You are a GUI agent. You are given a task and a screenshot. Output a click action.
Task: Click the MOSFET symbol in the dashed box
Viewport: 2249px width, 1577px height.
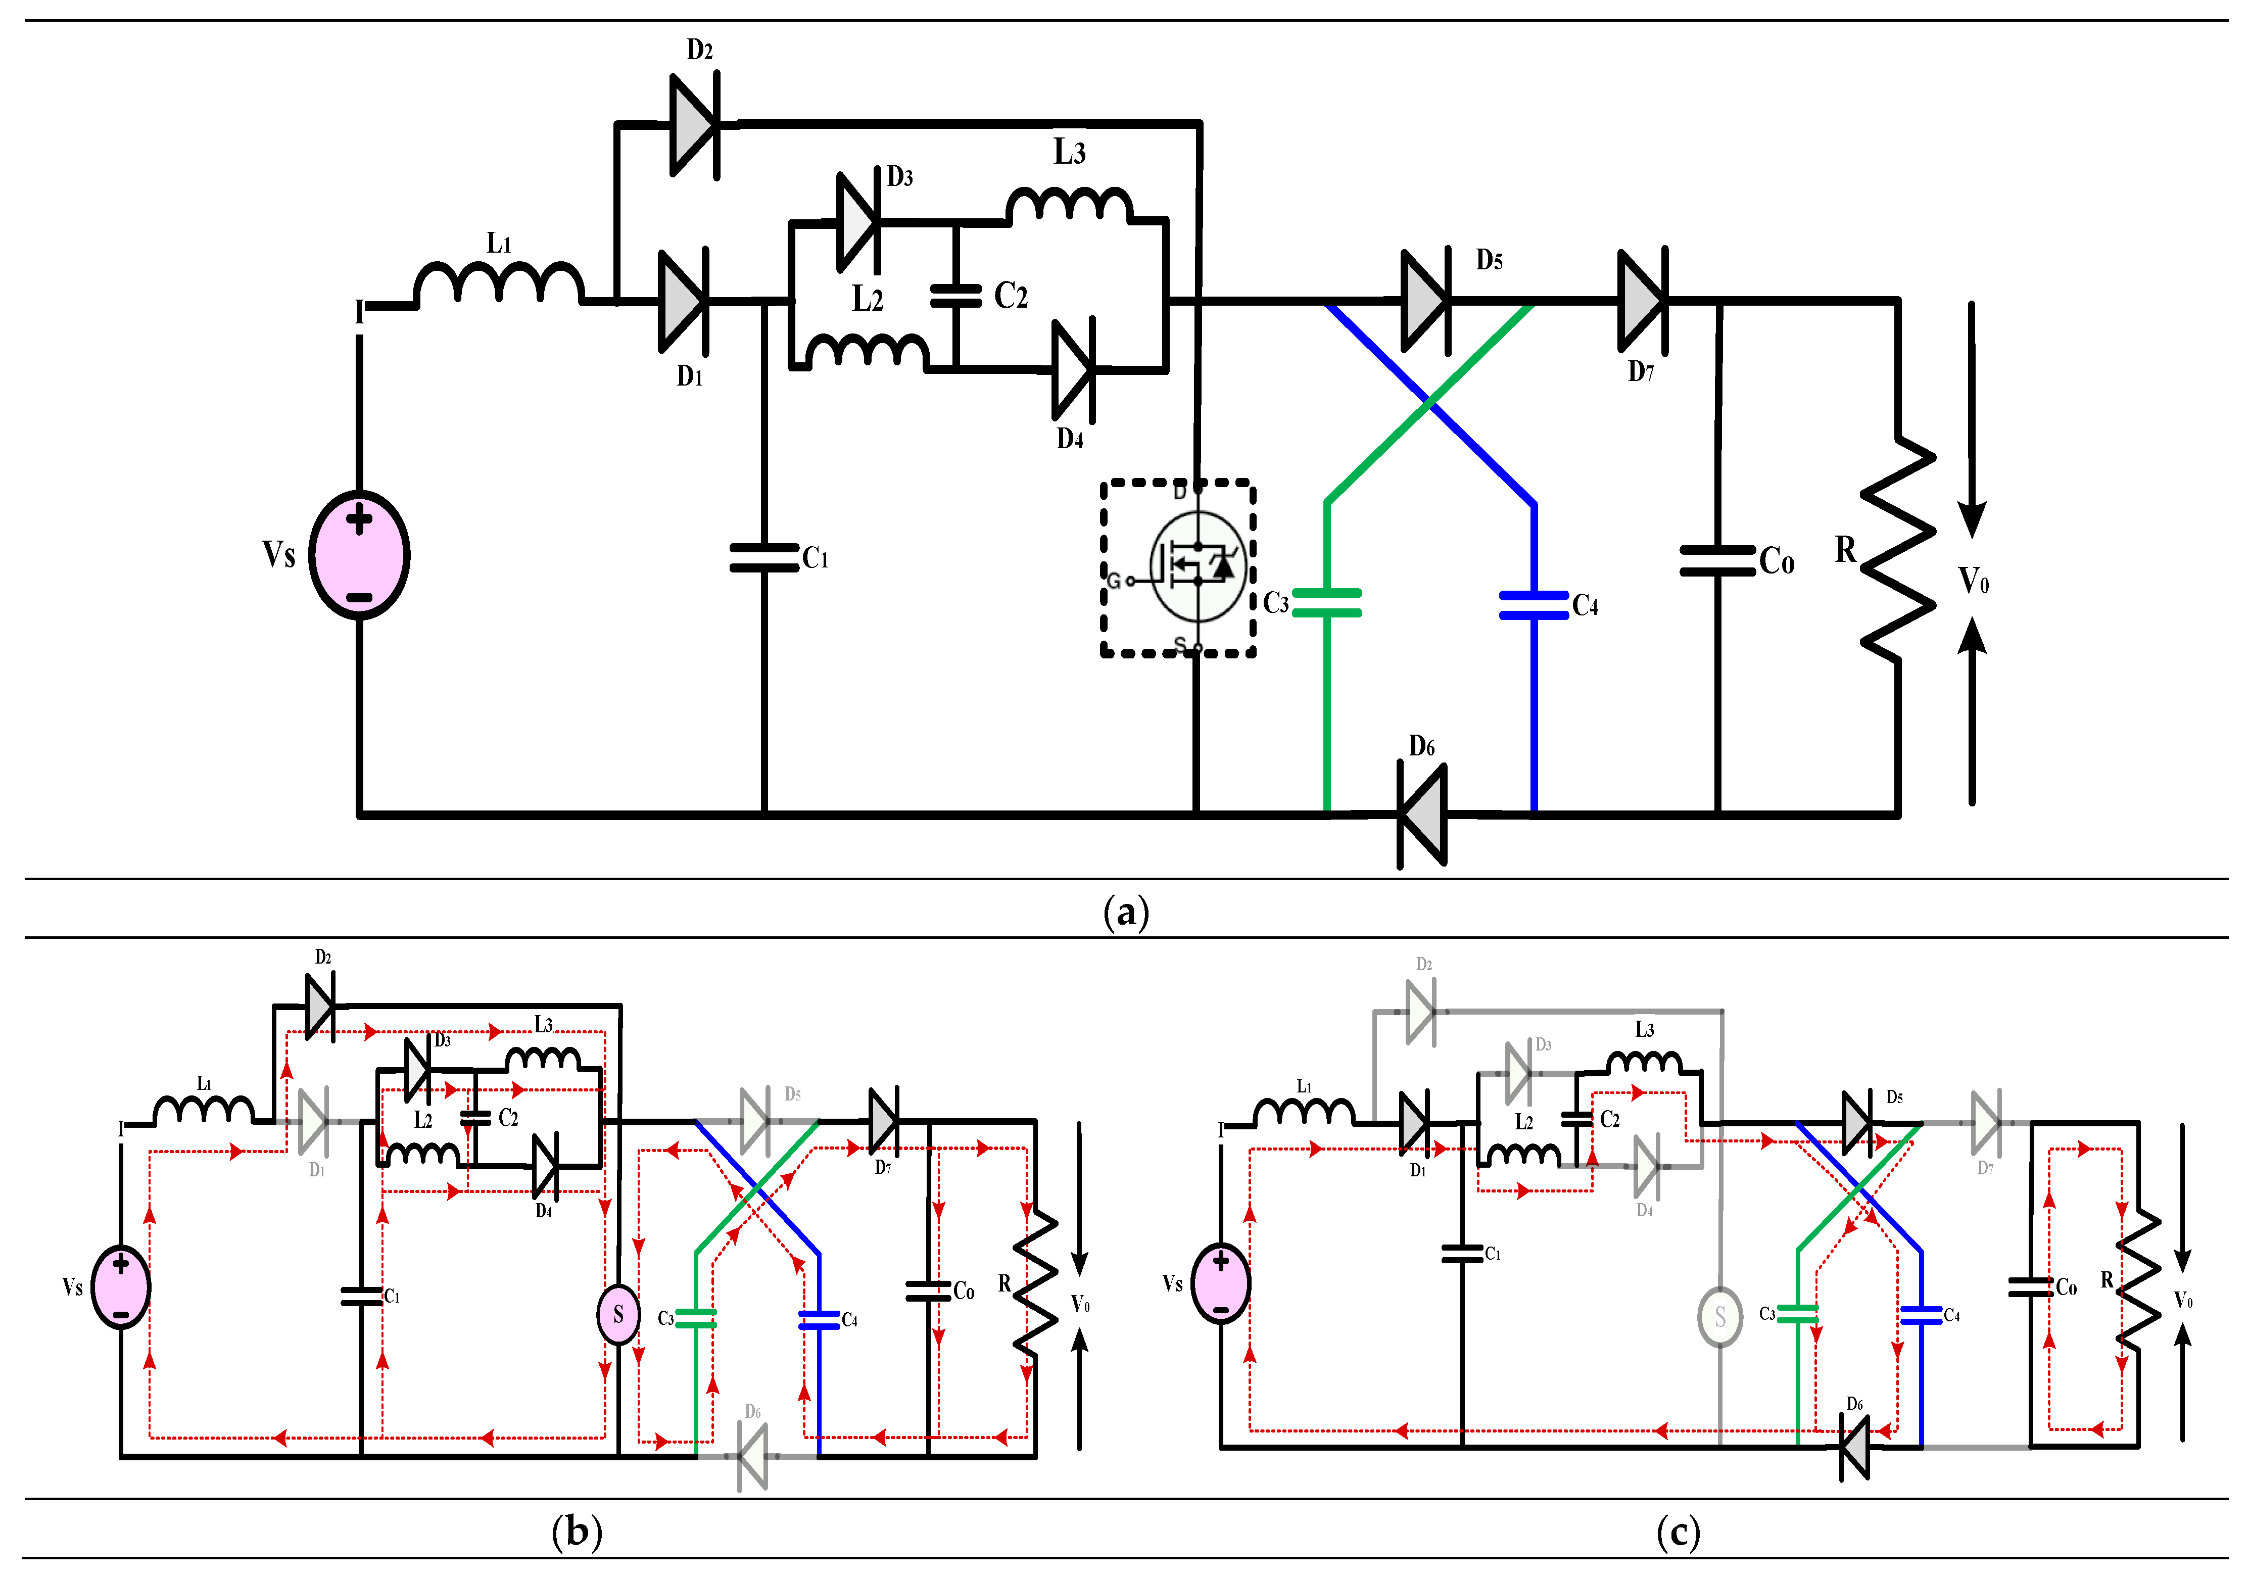coord(1197,566)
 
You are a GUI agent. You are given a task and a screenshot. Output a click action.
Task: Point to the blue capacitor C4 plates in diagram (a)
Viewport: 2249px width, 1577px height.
coord(1534,605)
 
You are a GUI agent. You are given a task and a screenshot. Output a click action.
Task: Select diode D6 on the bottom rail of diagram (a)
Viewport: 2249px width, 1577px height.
coord(1422,815)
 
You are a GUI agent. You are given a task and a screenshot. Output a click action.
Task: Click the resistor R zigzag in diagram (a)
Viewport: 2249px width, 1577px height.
coord(1898,549)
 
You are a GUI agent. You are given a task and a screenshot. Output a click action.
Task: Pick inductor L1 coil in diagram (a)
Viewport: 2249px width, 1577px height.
coord(500,284)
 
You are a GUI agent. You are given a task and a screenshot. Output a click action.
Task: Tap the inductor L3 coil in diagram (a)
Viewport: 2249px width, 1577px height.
coord(1070,204)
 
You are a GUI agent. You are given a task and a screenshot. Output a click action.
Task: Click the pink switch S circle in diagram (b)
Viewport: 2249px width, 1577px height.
coord(618,1314)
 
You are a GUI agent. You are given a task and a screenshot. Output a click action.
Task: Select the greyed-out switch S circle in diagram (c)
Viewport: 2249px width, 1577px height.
coord(1720,1317)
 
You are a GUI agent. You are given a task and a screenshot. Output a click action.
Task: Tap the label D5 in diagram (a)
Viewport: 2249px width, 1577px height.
coord(1489,261)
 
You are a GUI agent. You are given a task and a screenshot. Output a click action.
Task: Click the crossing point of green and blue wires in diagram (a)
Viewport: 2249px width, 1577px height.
coord(1430,402)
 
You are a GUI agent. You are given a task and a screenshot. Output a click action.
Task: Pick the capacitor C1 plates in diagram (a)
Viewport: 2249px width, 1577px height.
coord(764,558)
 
